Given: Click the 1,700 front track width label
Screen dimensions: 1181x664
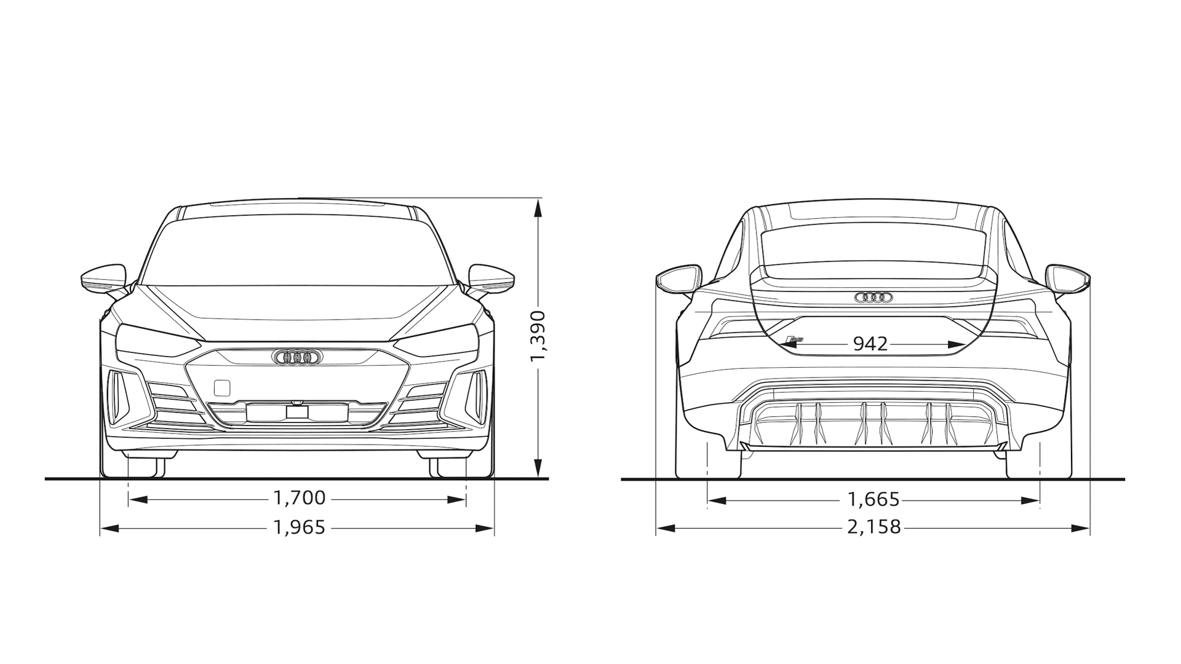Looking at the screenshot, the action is pyautogui.click(x=299, y=498).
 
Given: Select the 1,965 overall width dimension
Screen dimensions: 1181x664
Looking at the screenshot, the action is pyautogui.click(x=299, y=528).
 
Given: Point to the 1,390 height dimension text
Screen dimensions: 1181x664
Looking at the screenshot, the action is pyautogui.click(x=538, y=337).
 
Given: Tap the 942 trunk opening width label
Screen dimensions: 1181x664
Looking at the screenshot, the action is pyautogui.click(x=871, y=344).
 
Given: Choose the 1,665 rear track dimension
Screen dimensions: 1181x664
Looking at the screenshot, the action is pyautogui.click(x=873, y=500).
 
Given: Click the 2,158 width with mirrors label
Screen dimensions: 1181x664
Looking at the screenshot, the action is pyautogui.click(x=873, y=528).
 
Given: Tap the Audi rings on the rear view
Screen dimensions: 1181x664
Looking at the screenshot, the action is pyautogui.click(x=873, y=298).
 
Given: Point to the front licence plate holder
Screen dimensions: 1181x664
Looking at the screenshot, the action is pyautogui.click(x=296, y=413).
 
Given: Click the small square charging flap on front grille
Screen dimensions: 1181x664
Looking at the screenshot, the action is pyautogui.click(x=222, y=388).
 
